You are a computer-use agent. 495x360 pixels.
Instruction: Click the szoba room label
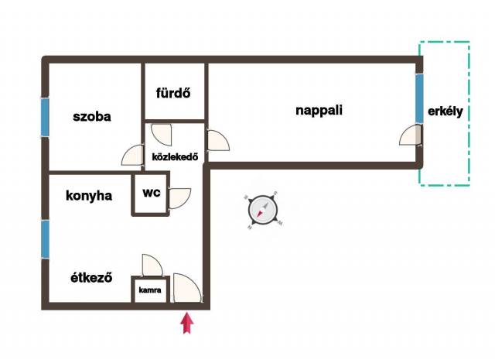tap(92, 118)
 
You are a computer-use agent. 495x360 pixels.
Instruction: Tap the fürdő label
tap(174, 94)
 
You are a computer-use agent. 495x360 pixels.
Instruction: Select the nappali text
tap(319, 110)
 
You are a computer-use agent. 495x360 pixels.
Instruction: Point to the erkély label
tap(445, 111)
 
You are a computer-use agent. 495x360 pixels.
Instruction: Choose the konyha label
tap(89, 196)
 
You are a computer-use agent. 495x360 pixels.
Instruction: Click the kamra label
tap(150, 291)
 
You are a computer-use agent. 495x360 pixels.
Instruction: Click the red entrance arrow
tap(186, 322)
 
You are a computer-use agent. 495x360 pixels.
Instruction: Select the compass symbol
tap(262, 209)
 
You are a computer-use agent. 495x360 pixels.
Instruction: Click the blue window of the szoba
tap(45, 117)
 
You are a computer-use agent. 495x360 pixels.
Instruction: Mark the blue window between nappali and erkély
tap(419, 99)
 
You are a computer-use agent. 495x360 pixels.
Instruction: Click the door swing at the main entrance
tap(187, 287)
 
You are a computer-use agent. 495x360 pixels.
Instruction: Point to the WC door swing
tap(179, 198)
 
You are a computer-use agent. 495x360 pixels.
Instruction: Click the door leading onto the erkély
tap(411, 138)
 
